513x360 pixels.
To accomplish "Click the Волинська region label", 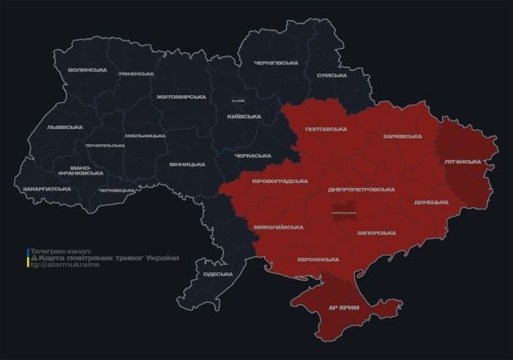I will coord(87,70).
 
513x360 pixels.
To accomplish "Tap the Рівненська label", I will coord(135,73).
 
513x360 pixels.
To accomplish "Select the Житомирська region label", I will coord(181,97).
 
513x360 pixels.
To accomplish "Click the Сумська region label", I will coord(332,76).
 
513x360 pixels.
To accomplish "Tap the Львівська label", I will coord(65,127).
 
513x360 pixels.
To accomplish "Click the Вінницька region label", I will coord(186,164).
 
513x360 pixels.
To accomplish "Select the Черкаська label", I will coord(252,155).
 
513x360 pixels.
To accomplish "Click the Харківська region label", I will coord(402,136).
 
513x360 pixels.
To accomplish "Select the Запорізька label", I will coord(375,232).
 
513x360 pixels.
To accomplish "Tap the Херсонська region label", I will coord(318,260).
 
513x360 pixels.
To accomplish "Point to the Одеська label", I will coord(218,274).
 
